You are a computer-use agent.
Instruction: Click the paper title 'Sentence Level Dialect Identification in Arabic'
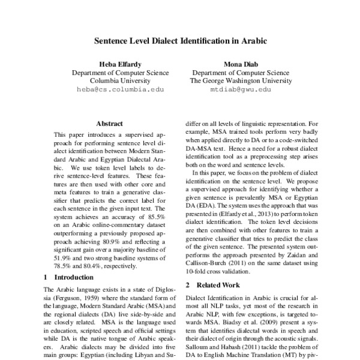click(180, 43)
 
